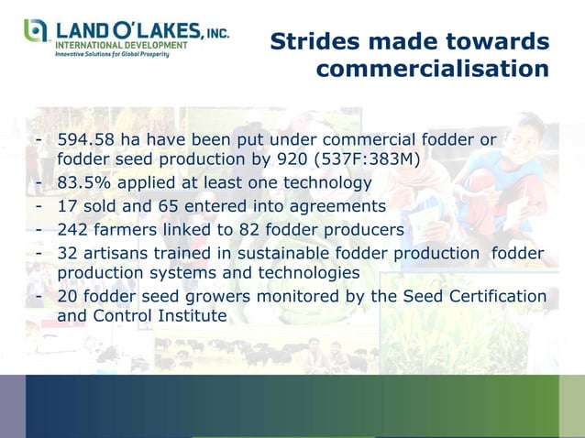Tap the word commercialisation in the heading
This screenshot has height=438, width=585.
[x=432, y=70]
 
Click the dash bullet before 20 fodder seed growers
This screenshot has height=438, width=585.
[x=39, y=297]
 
